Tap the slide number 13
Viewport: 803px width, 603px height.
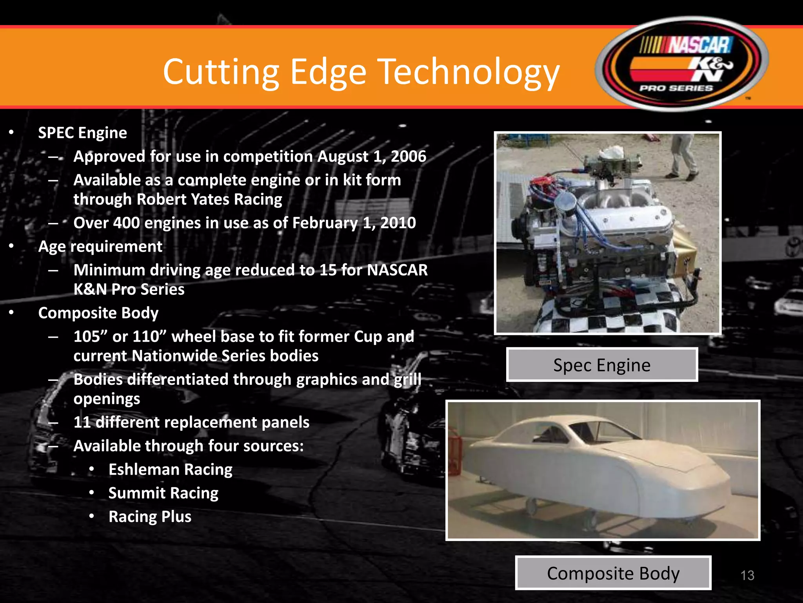tap(747, 576)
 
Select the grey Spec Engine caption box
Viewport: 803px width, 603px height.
tap(602, 365)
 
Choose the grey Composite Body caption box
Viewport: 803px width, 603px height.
tap(613, 573)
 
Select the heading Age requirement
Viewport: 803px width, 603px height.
tap(100, 247)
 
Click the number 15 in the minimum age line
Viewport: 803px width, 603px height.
tap(328, 270)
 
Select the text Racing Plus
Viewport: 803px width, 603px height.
tap(150, 517)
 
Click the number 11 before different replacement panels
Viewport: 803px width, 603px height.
tap(82, 422)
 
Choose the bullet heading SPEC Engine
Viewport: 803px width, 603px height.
tap(82, 133)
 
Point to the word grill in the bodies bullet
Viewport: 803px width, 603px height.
tap(408, 380)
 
